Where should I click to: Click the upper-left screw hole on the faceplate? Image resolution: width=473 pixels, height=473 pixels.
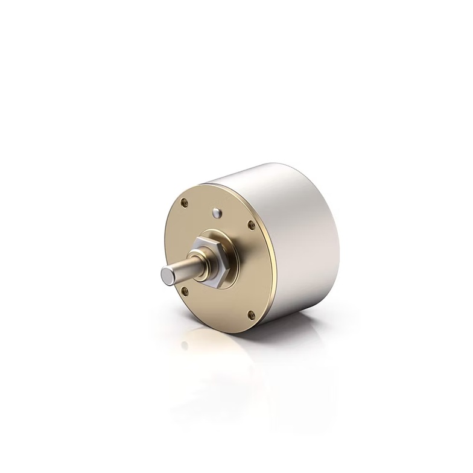tap(185, 203)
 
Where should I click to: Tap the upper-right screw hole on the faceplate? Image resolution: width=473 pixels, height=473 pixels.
tap(252, 226)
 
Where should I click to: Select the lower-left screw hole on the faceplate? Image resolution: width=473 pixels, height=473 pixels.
tap(185, 291)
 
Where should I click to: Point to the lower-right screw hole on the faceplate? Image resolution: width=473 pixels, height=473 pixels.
tap(251, 314)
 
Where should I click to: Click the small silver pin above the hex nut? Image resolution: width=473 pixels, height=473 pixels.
tap(217, 212)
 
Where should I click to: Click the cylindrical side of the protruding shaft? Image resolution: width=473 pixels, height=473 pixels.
tap(184, 269)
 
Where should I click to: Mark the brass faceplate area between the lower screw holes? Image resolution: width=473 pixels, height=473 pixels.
tap(217, 305)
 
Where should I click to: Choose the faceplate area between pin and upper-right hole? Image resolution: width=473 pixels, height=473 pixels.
tap(235, 218)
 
